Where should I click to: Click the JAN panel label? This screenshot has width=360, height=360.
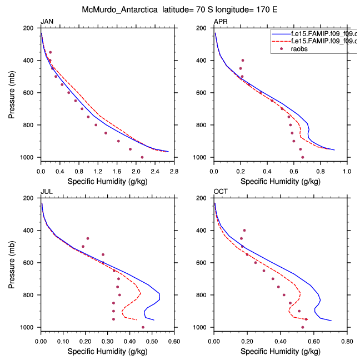click(x=46, y=22)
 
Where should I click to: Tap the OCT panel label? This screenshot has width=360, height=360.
click(x=221, y=192)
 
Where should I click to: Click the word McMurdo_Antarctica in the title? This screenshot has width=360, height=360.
click(x=116, y=9)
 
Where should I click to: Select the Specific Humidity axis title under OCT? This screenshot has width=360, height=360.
click(x=279, y=351)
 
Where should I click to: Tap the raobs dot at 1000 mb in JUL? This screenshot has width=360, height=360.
click(x=143, y=327)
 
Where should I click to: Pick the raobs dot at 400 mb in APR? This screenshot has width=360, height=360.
click(x=242, y=60)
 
